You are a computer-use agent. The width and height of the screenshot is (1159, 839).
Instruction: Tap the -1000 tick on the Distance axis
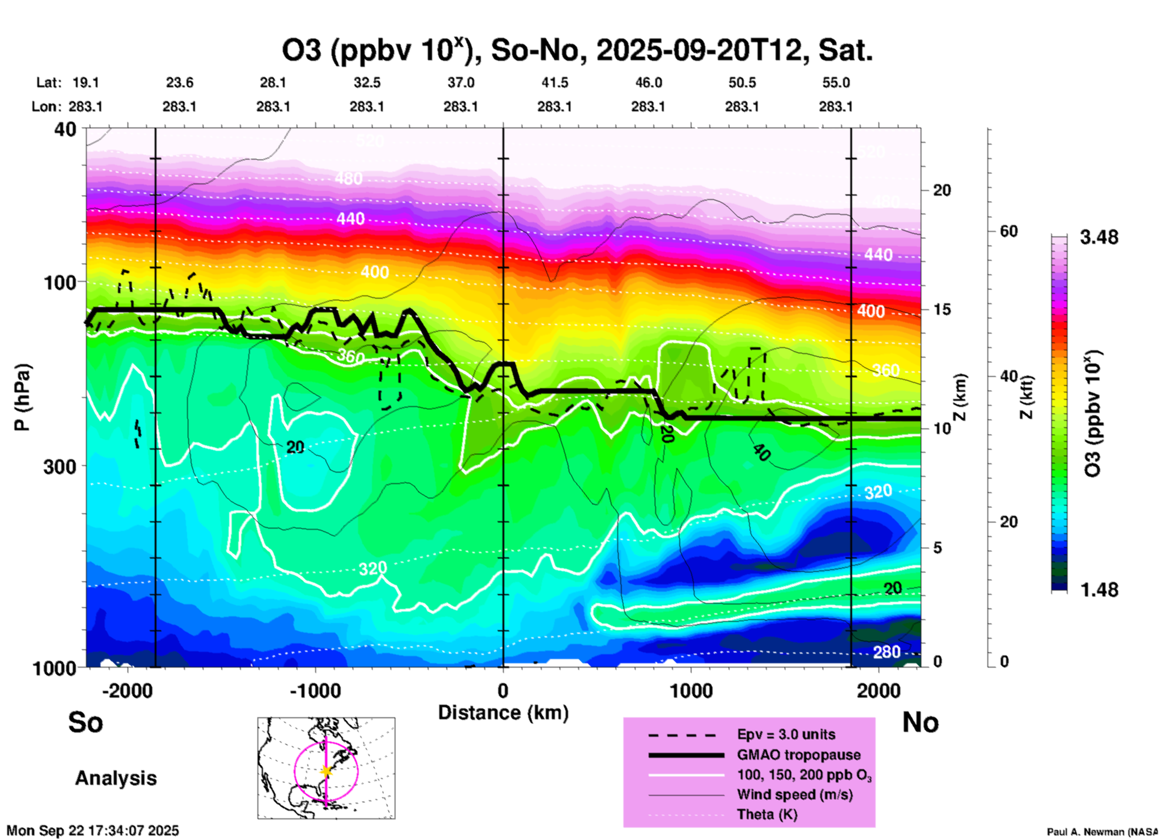pos(315,690)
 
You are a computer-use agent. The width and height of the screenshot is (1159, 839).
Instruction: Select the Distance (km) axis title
pos(503,713)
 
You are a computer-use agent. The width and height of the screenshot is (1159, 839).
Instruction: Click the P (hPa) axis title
pos(22,397)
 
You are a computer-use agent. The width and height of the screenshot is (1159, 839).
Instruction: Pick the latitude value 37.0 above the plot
pos(461,82)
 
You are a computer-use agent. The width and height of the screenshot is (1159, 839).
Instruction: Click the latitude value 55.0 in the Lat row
pos(835,82)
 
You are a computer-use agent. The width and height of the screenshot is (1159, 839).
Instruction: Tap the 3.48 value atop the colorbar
pos(1099,238)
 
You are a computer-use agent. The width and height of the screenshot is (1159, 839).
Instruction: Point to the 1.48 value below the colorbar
pos(1099,590)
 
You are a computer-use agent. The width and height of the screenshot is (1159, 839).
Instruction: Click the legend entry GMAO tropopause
pos(799,755)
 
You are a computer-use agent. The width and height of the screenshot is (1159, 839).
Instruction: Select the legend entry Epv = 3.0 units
pos(786,735)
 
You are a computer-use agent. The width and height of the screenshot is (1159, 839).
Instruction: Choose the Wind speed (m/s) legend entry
pos(794,794)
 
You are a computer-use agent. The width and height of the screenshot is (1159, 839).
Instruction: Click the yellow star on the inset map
pos(326,771)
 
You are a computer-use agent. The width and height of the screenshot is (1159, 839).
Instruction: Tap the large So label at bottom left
pos(85,722)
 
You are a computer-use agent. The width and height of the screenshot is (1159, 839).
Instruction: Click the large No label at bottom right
pos(920,722)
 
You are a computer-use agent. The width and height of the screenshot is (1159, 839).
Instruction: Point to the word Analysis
pos(116,778)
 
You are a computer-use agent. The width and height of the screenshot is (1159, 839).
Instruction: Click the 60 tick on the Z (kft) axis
pos(1009,231)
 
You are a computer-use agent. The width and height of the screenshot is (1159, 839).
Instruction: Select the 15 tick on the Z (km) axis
pos(942,309)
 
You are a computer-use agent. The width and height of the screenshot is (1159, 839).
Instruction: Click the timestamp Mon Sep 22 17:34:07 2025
pos(93,831)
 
